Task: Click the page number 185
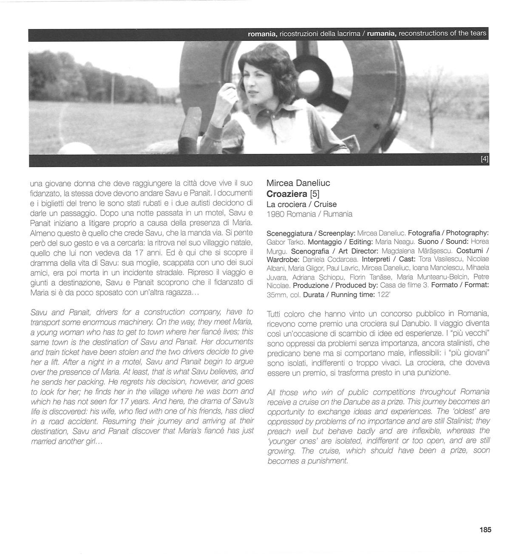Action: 485,530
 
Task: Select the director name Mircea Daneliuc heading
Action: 298,183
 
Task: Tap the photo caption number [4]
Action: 484,159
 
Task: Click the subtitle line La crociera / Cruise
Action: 301,204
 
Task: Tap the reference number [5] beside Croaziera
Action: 315,194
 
